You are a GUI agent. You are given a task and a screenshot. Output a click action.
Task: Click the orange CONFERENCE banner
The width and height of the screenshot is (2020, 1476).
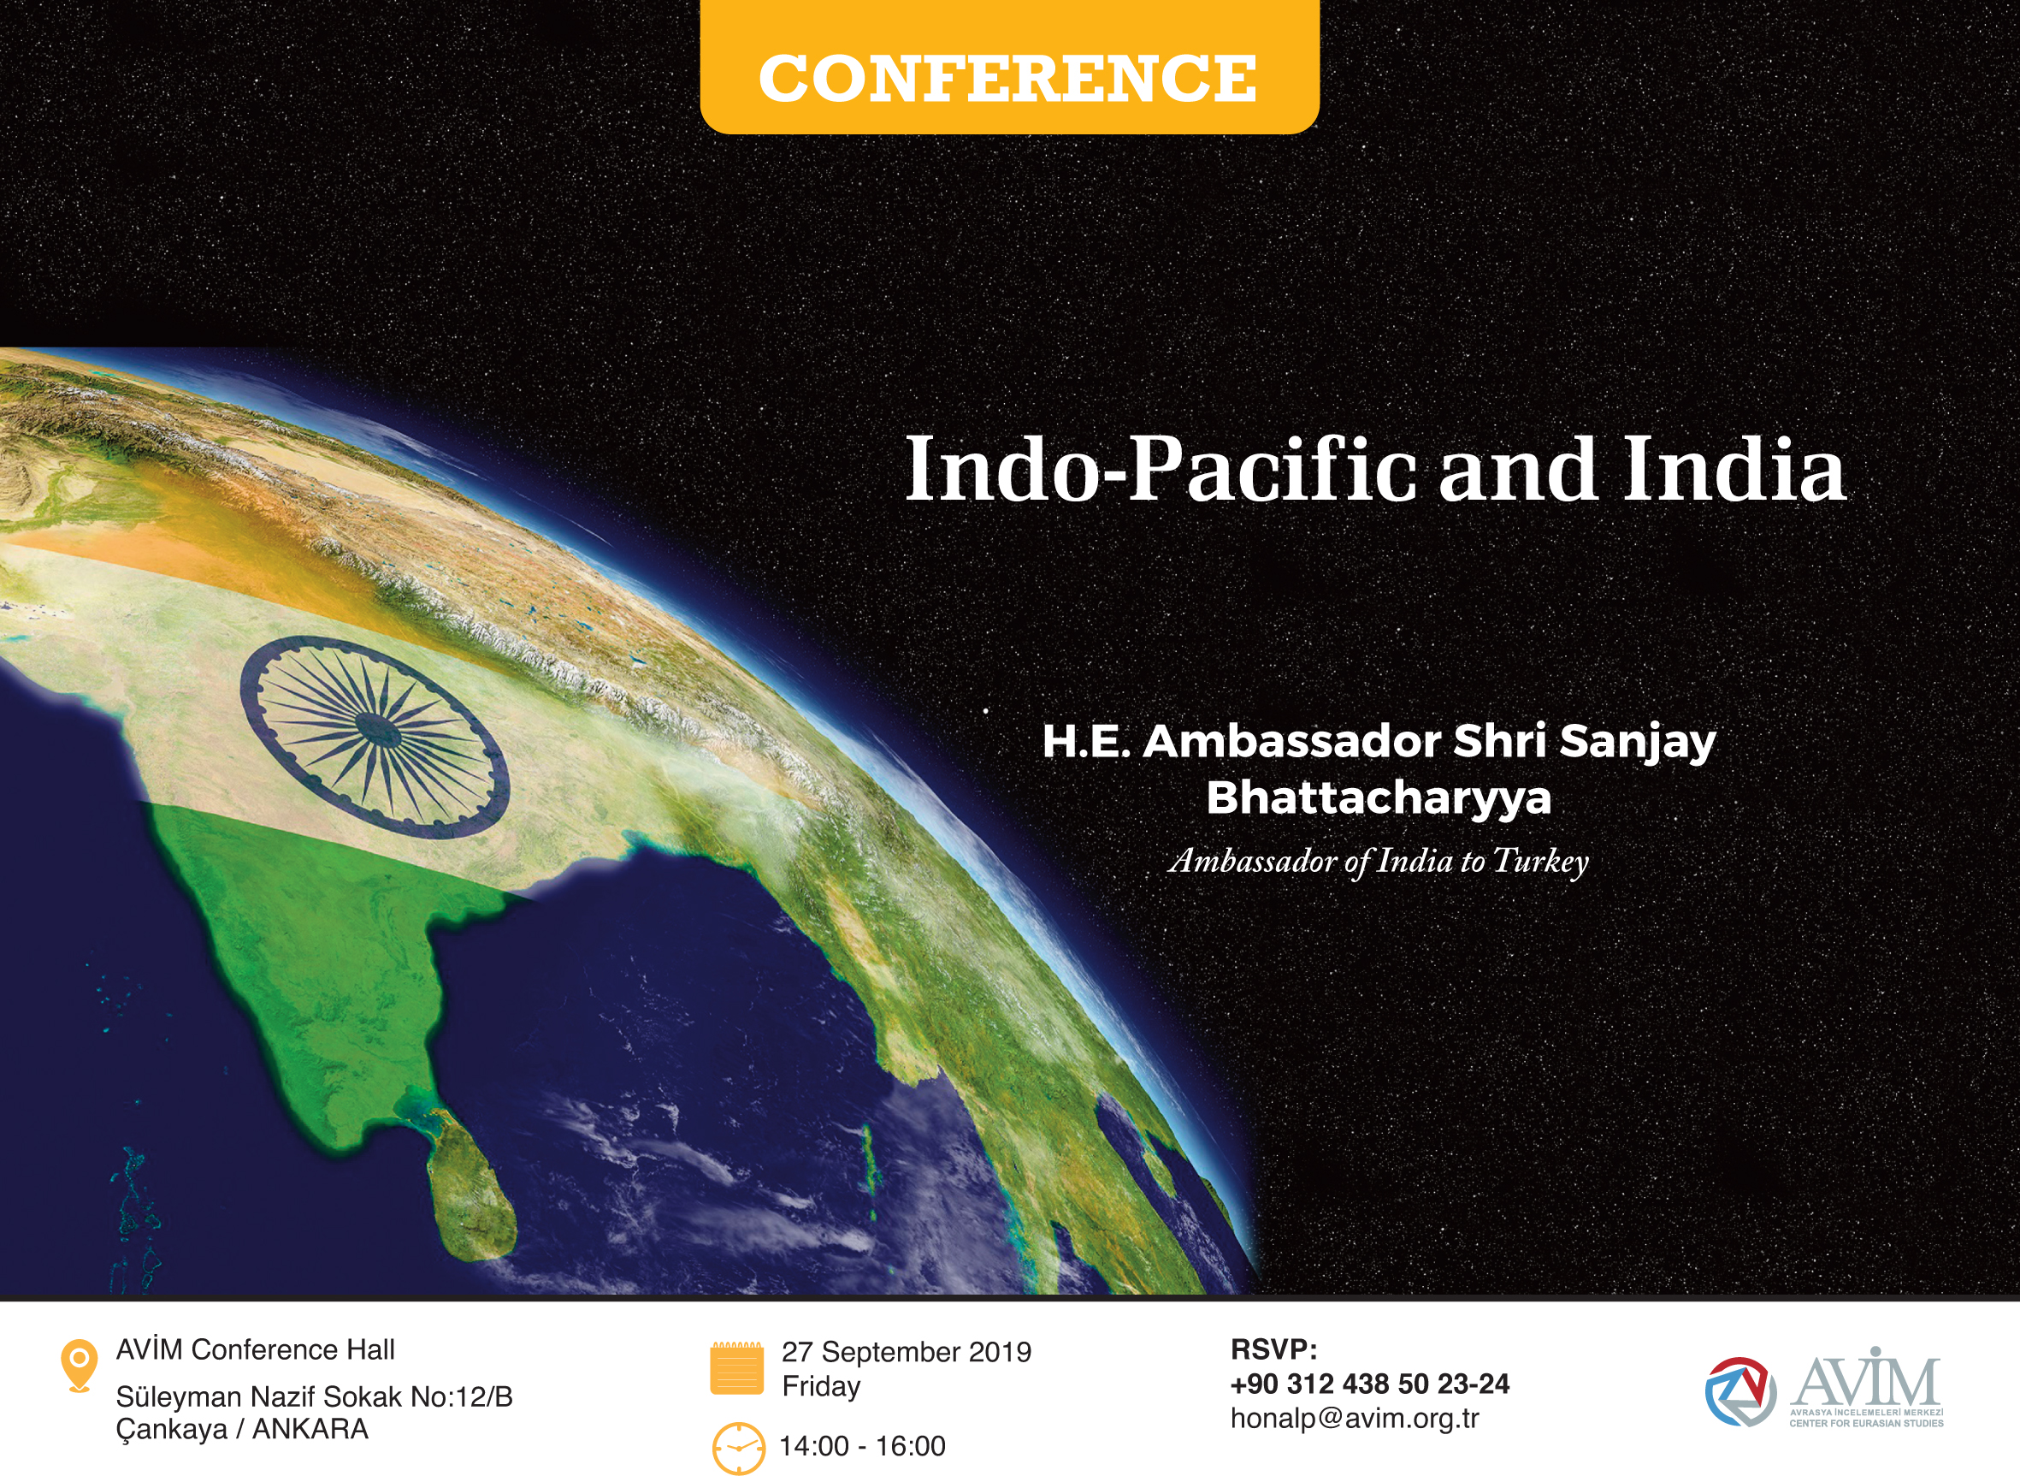coord(1009,67)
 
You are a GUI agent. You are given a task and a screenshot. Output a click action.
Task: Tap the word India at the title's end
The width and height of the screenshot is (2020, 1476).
coord(1734,468)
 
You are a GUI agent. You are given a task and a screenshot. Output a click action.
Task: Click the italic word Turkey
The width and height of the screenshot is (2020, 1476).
coord(1540,862)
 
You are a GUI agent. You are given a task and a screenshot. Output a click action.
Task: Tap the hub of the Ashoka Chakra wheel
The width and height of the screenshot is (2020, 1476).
coord(379,729)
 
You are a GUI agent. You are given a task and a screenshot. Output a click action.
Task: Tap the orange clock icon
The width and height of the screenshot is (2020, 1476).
coord(739,1448)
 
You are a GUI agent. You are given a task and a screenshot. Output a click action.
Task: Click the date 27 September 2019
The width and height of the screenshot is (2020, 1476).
coord(907,1352)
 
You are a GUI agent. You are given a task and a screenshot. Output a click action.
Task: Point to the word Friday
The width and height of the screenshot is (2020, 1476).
coord(822,1387)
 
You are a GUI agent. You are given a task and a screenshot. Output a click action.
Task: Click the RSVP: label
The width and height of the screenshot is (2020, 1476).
coord(1273,1349)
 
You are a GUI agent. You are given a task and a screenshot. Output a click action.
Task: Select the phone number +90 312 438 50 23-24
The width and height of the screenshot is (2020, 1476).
coord(1370,1384)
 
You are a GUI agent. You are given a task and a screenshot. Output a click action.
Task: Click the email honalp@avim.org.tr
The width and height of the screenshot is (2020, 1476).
coord(1355,1419)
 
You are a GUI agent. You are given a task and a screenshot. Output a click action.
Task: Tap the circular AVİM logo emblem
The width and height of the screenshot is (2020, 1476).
coord(1739,1392)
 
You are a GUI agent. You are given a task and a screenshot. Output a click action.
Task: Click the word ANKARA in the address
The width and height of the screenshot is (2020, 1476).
coord(310,1430)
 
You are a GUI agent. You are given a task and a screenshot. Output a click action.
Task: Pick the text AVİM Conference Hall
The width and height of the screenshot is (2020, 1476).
coord(256,1350)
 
